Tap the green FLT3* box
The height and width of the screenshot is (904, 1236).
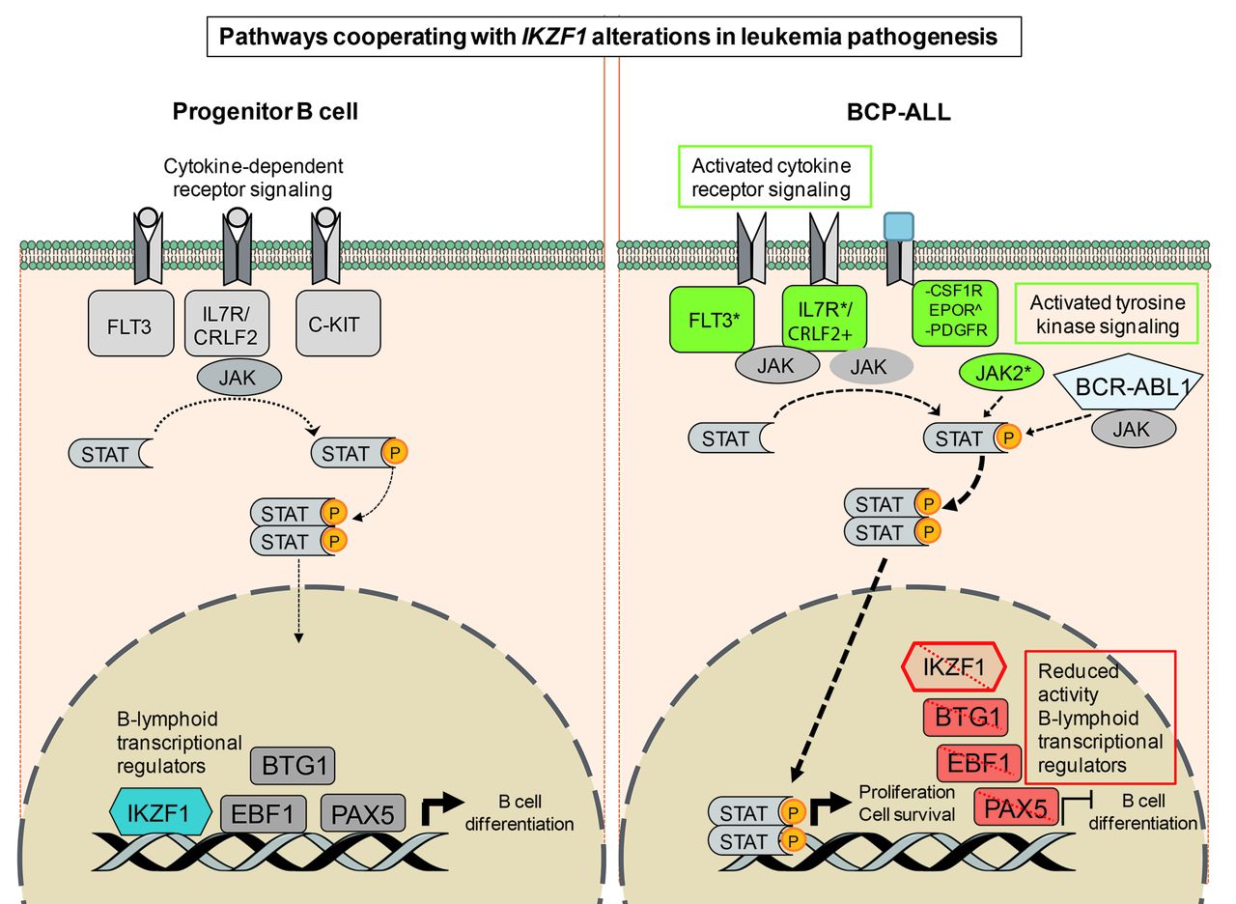tap(711, 320)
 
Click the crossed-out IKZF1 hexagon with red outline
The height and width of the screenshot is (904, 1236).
tap(953, 666)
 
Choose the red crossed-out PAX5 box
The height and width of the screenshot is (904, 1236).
tap(1017, 806)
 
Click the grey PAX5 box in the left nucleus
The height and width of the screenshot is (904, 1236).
tap(362, 812)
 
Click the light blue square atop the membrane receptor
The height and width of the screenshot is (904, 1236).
tap(899, 226)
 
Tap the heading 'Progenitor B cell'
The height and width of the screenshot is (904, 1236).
tap(266, 111)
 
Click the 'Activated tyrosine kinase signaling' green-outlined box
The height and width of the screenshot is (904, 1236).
tap(1107, 313)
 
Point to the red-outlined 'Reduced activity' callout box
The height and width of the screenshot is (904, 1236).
tap(1099, 716)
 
